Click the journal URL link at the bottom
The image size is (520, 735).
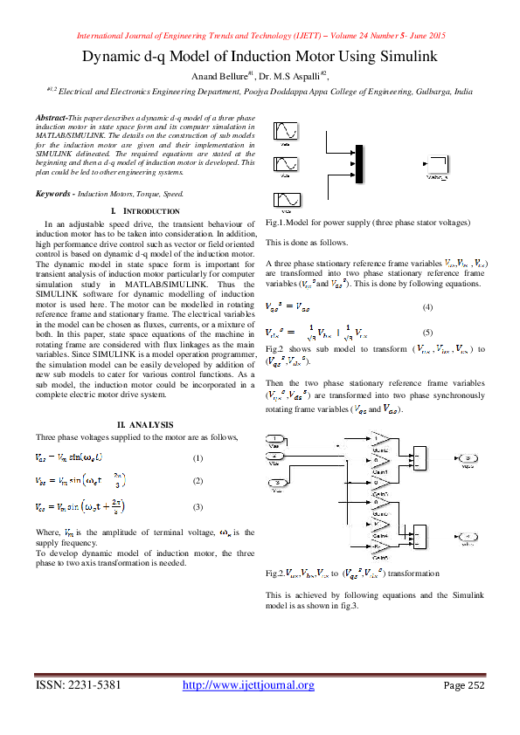point(248,684)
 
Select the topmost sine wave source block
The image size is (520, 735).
point(287,131)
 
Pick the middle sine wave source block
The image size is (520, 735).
point(287,164)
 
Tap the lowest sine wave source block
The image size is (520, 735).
point(287,200)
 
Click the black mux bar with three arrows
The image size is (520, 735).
point(359,164)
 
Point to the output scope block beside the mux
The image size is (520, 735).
point(436,164)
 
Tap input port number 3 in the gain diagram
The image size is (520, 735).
point(276,482)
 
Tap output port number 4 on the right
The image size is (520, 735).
point(468,535)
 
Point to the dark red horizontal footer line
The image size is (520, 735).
point(260,675)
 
